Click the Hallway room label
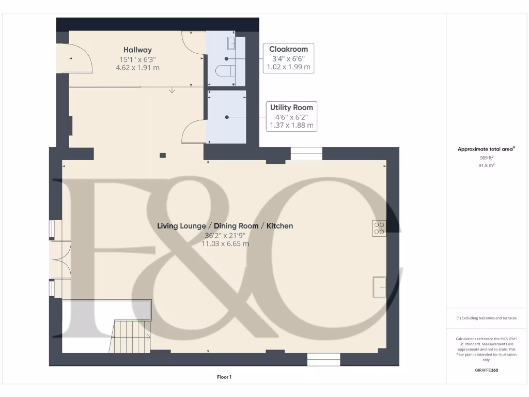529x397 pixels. click(137, 50)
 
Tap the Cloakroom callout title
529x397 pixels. click(288, 49)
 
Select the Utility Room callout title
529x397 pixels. click(291, 108)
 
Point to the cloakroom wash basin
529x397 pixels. click(231, 42)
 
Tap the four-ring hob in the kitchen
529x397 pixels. click(379, 228)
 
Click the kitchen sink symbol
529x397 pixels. click(380, 287)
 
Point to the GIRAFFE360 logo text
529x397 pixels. click(486, 370)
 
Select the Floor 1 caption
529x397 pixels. click(224, 377)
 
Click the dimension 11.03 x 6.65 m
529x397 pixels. click(225, 243)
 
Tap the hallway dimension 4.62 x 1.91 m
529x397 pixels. click(137, 67)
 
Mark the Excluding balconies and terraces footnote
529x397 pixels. click(486, 318)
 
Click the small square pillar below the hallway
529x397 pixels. click(163, 155)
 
